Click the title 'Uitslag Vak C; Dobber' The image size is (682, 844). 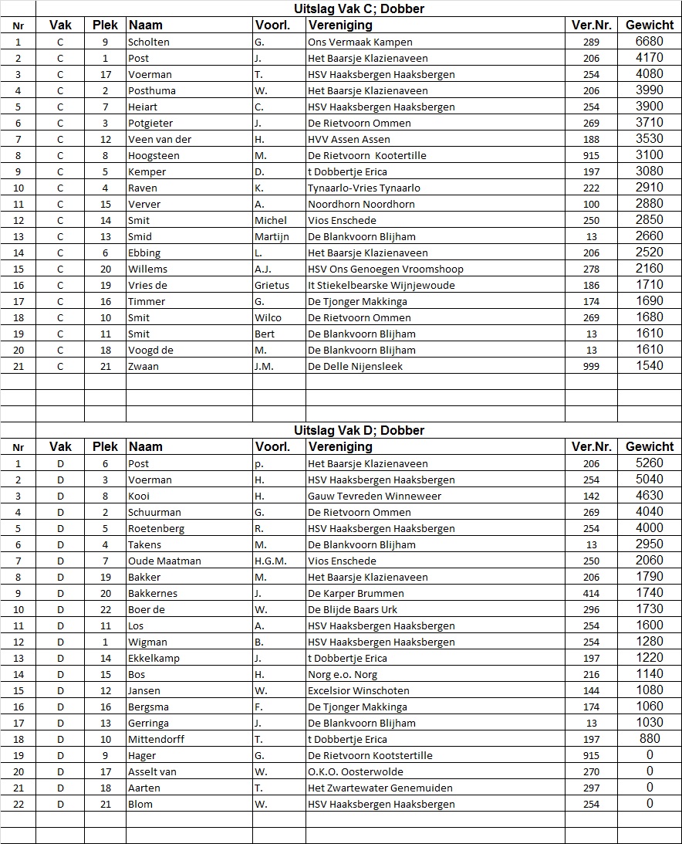pos(359,9)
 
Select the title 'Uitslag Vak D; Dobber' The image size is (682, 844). pos(359,430)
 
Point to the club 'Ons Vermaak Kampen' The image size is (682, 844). pos(360,42)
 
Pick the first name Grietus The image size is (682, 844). pos(272,285)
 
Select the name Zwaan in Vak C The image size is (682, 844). pos(143,366)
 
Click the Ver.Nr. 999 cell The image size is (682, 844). pos(592,366)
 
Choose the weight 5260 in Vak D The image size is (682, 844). pos(649,463)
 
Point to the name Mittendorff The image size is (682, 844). pos(156,739)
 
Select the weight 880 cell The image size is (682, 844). pos(650,739)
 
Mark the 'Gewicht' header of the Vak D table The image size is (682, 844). pos(650,446)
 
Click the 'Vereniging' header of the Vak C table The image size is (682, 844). pos(340,25)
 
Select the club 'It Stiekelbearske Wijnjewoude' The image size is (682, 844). pos(381,285)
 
